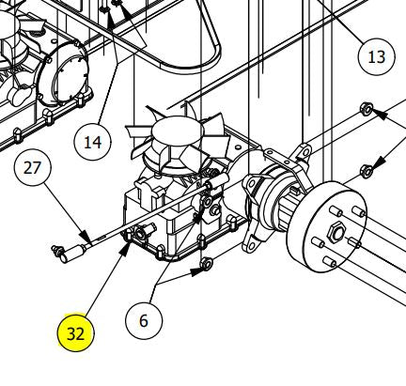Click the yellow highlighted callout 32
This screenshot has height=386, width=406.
tap(74, 333)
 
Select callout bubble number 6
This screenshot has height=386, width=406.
tap(144, 320)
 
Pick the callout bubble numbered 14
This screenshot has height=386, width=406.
tap(92, 144)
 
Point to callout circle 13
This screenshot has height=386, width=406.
tap(376, 57)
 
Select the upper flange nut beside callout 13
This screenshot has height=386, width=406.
tap(367, 110)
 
